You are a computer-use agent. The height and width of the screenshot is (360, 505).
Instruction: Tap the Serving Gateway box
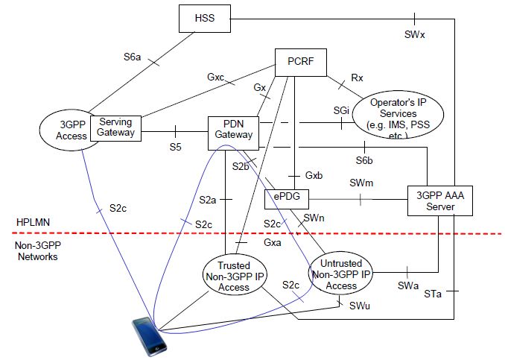tap(115, 127)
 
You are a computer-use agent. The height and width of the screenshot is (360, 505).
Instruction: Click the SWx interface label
tap(415, 34)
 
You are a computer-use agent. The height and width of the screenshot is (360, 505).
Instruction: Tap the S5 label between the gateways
tap(175, 147)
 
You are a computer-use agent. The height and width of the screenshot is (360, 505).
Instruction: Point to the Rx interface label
tap(357, 76)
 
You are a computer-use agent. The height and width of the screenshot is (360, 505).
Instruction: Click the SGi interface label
tap(342, 110)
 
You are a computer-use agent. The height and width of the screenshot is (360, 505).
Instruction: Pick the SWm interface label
tap(361, 183)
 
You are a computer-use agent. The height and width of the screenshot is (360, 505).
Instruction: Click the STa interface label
tap(433, 294)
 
